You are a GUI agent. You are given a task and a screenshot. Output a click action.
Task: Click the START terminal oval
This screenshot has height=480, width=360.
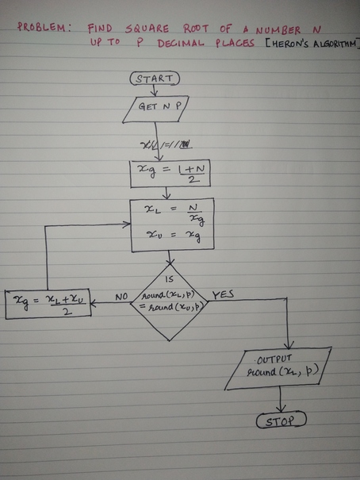tap(155, 79)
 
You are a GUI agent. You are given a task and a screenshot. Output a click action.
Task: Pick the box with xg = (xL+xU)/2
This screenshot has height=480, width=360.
tap(47, 302)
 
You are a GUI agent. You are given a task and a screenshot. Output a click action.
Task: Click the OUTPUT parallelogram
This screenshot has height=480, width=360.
tap(277, 369)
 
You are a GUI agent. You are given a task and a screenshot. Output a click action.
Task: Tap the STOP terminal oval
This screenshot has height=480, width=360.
tap(281, 420)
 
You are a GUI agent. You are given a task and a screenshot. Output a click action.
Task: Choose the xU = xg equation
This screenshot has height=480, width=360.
tap(170, 236)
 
